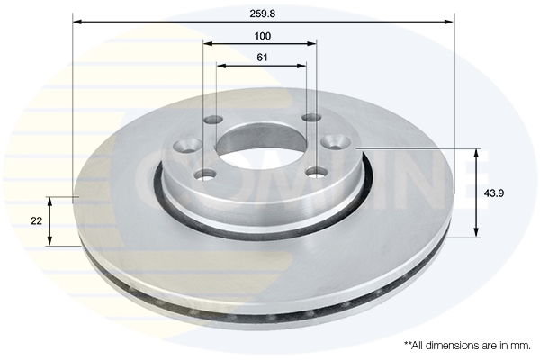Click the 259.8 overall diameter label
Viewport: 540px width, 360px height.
[x=263, y=13]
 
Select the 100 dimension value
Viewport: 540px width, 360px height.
[x=262, y=36]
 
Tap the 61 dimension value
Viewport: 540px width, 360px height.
[x=262, y=58]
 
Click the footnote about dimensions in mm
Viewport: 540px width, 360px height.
[x=467, y=345]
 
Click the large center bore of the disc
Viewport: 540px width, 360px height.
[x=260, y=143]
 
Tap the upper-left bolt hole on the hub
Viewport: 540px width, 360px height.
[x=214, y=121]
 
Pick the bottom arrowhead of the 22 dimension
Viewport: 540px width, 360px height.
[x=50, y=241]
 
